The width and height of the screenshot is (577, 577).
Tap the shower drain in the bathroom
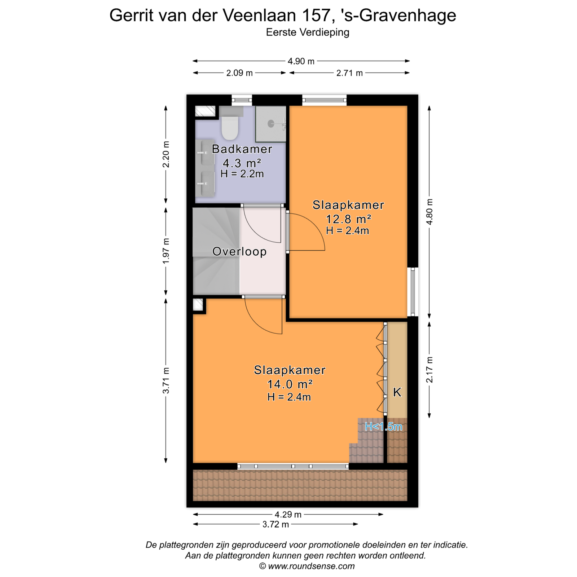271,124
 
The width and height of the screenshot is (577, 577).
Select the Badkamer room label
242,149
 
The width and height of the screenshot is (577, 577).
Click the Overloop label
239,251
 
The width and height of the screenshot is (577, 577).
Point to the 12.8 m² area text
348,219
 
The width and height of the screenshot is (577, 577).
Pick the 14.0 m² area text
290,384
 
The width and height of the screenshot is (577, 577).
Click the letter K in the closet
397,392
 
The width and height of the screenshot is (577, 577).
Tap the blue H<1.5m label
383,427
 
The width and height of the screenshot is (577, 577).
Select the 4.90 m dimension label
301,61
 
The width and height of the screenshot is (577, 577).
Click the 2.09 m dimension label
239,73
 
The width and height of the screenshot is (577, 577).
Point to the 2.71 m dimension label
349,73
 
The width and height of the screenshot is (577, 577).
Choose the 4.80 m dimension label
429,212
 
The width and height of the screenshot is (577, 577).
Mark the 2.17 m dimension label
429,370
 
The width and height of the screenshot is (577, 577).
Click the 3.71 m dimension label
166,381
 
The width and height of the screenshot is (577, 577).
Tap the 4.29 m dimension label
288,515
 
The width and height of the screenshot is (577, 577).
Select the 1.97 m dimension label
166,251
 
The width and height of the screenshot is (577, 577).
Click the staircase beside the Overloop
216,251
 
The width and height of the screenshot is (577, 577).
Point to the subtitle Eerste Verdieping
308,32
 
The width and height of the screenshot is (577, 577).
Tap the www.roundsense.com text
311,566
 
